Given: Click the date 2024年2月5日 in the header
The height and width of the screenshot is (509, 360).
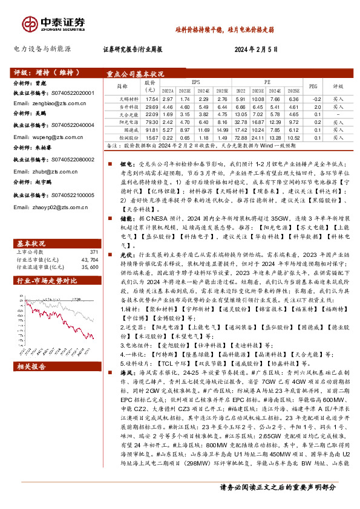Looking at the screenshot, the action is click(256, 49).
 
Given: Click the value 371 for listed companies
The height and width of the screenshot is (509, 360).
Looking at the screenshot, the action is click(93, 251).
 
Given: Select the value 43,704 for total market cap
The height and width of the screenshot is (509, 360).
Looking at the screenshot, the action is click(90, 259).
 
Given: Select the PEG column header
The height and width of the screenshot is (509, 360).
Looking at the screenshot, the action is click(313, 86).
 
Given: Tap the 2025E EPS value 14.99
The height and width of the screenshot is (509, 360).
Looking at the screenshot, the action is click(223, 129).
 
